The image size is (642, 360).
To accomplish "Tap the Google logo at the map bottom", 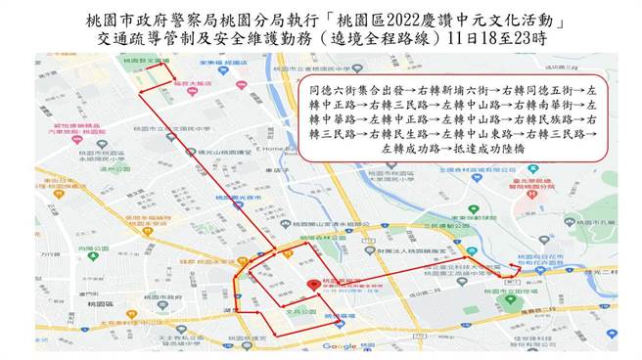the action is click(x=339, y=345).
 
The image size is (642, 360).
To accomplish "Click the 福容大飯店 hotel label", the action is click(x=188, y=84).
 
